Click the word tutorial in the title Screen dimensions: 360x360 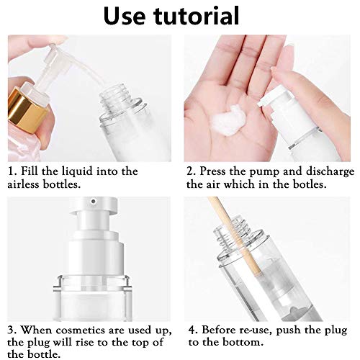tap(197, 15)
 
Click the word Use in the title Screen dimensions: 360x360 tap(125, 16)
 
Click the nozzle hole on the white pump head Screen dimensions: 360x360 tap(94, 201)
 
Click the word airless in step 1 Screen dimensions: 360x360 tap(23, 184)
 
